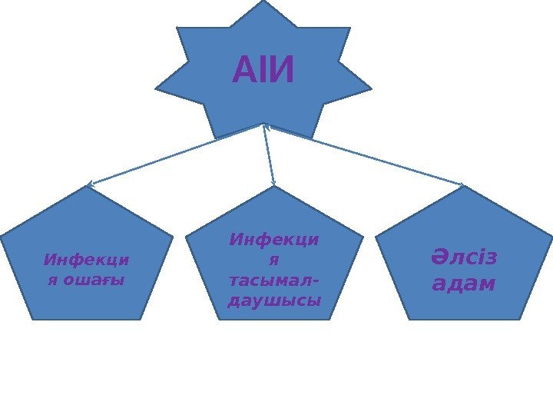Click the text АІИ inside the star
pos(263,72)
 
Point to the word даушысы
pos(275,300)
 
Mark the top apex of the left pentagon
pos(88,187)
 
